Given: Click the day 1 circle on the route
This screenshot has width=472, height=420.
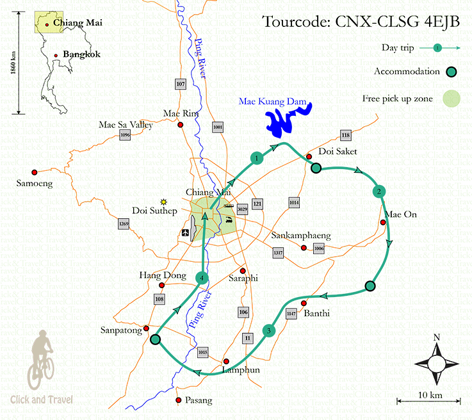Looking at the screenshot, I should pos(256,157).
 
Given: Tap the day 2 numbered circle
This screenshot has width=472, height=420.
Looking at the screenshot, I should pos(379,191).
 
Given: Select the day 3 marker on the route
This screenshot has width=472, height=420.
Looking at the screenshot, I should pos(269,330).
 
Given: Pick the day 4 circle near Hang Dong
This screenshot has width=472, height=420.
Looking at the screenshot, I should pos(202,277).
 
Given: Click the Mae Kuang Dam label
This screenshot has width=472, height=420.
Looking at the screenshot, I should pos(272,102).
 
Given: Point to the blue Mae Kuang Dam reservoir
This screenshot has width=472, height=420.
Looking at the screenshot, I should pos(285,122).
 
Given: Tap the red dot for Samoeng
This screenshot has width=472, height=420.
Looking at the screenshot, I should pos(35,172).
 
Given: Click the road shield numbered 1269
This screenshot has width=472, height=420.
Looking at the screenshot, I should pos(124,223).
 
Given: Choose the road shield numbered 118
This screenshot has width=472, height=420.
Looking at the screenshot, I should pos(346,135).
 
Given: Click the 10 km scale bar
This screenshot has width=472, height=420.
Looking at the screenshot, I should pos(428,401).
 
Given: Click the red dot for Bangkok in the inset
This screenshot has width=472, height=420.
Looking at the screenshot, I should pos(56,56).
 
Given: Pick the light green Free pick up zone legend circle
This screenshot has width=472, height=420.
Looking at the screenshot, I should pos(452,98).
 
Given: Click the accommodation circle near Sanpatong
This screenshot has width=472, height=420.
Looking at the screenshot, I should pos(155,339).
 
